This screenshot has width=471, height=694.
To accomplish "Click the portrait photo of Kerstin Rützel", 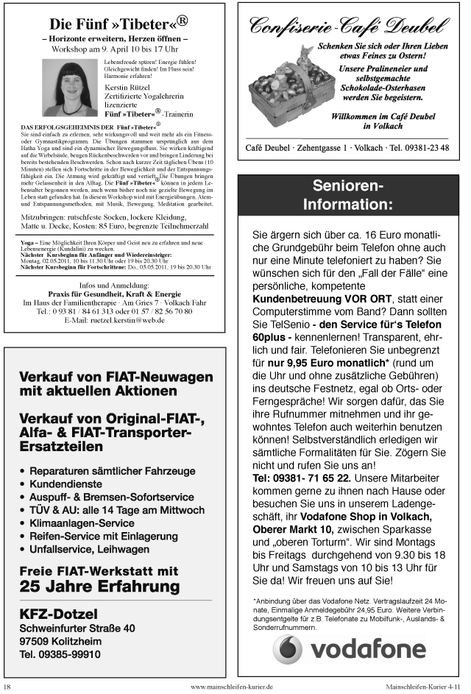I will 71,86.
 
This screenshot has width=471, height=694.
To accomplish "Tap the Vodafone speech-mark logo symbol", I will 288,648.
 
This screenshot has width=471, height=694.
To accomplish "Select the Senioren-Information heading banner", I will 348,194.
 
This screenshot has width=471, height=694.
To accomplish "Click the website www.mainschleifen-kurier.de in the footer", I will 232,687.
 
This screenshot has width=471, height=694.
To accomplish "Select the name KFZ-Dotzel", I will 59,613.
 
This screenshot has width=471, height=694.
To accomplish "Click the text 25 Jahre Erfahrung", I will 100,586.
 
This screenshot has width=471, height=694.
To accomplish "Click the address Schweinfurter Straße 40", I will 77,628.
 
